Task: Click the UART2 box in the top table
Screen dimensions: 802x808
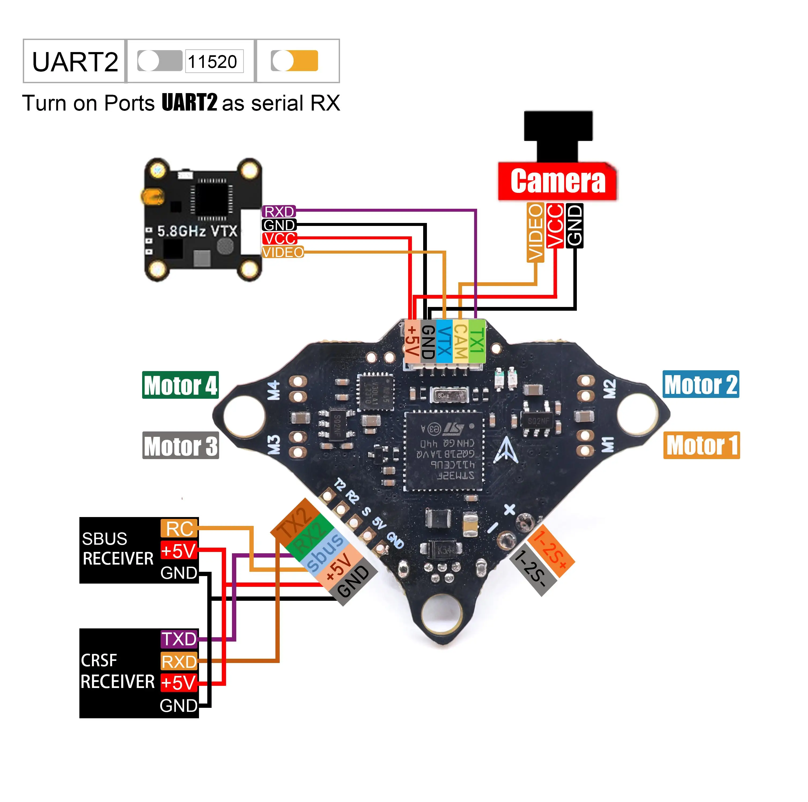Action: (x=75, y=61)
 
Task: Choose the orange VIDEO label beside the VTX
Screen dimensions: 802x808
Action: (x=283, y=252)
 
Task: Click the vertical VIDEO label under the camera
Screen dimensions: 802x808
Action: (x=535, y=232)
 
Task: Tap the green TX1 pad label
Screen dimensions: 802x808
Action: (x=477, y=341)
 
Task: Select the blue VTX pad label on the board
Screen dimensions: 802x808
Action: (x=444, y=341)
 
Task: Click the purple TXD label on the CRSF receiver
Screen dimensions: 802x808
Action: (x=179, y=639)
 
